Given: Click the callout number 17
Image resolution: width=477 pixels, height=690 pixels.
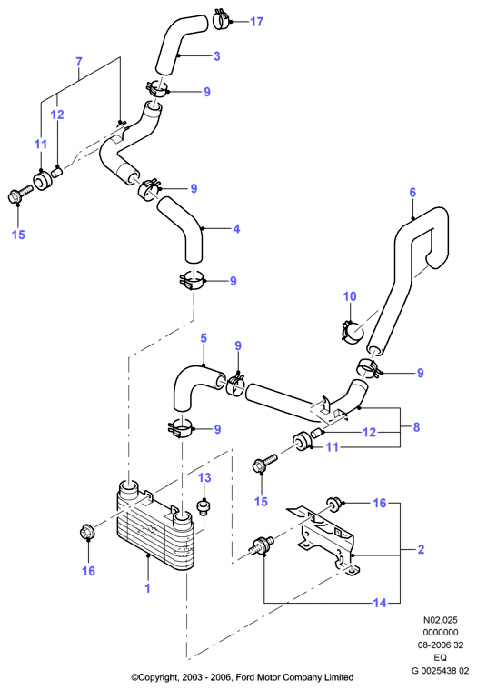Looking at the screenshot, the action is point(256,21).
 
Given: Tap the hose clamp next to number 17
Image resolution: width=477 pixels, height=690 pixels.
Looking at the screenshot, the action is point(222,20).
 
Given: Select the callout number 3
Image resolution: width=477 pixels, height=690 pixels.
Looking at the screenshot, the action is point(217,55).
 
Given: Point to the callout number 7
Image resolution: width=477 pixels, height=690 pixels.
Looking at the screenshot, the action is point(79,61).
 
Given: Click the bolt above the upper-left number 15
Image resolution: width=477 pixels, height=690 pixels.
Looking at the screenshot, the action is point(19,195).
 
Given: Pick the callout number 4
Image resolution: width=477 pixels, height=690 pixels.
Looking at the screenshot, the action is point(236,228).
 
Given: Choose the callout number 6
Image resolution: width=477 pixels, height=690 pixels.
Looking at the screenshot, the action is point(412,193).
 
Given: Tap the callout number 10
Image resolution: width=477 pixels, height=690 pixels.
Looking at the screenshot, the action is point(350,296).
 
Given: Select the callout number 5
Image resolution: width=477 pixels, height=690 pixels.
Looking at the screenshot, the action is point(204,338).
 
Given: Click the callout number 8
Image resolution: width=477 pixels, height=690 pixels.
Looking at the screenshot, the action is point(416,427).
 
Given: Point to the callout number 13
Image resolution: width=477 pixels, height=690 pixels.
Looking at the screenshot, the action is point(204,477).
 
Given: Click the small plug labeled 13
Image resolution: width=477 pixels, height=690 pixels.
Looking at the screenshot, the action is point(204,506).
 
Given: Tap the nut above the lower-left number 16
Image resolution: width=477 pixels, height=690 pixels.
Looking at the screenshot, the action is point(86,533).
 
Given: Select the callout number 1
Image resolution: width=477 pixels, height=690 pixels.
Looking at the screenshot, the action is point(148,588).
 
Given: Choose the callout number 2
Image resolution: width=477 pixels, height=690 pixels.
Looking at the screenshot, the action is point(421,549).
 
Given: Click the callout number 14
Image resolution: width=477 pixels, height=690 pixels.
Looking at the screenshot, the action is point(380,603).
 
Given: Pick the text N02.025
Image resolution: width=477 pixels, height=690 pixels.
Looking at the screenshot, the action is point(440,620).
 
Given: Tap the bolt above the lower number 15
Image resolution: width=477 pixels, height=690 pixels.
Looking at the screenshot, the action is point(264,463).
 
